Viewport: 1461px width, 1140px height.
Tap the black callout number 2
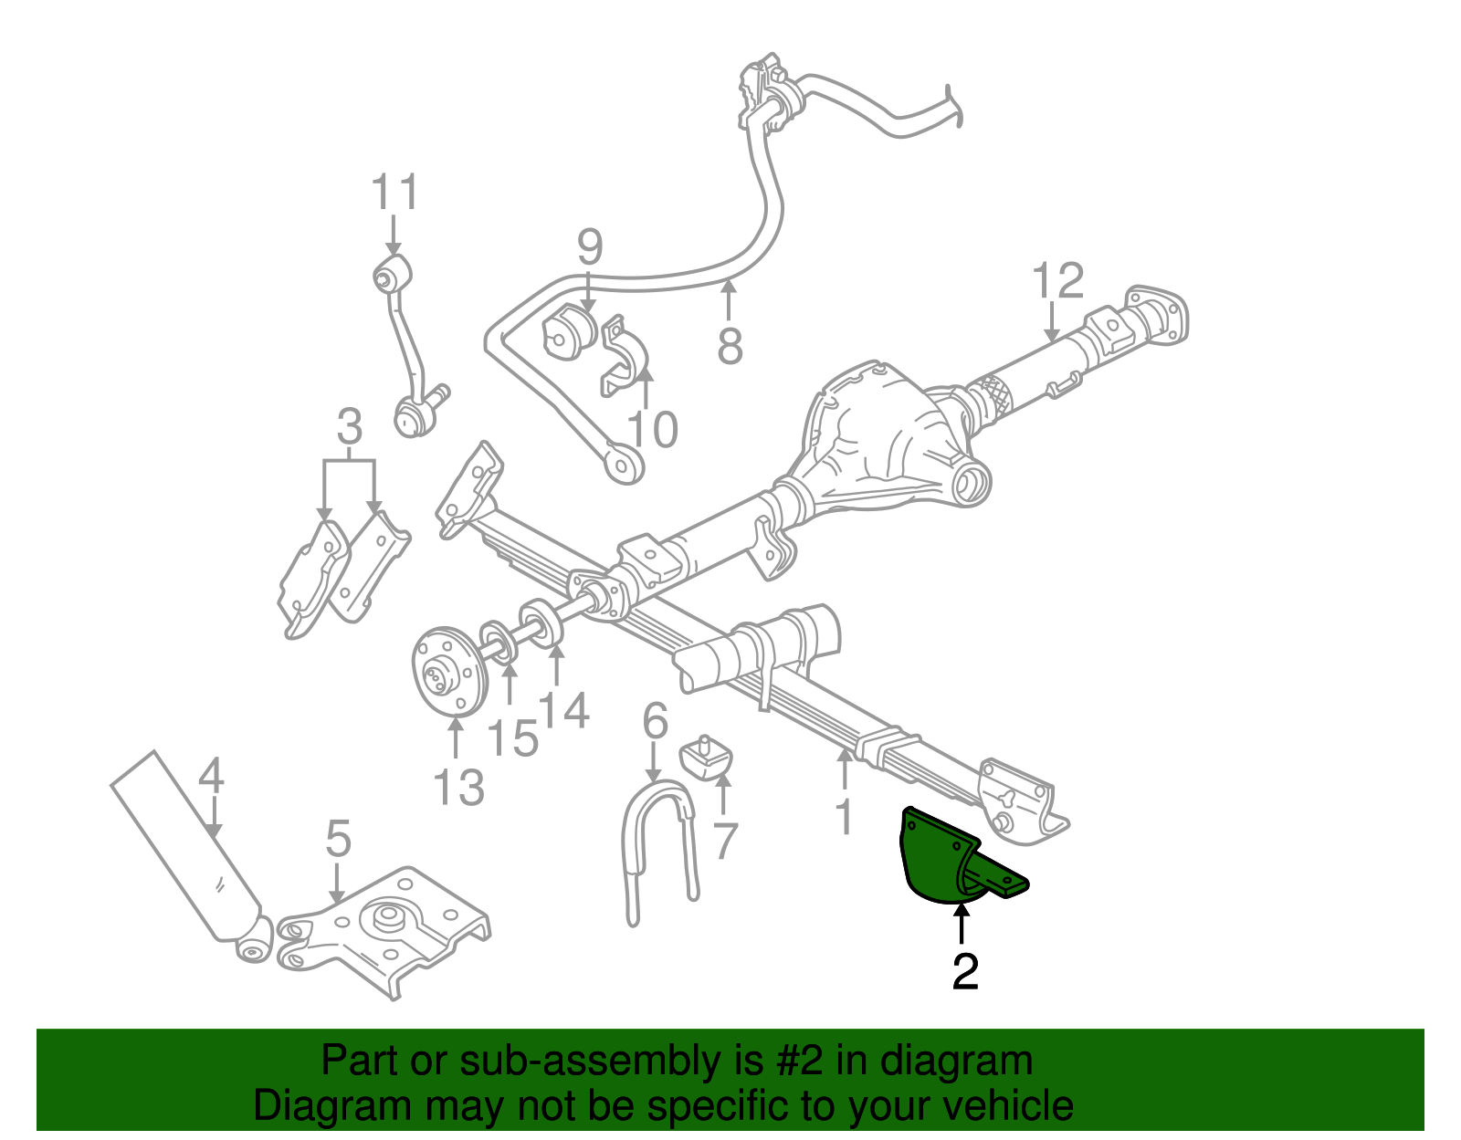click(x=964, y=972)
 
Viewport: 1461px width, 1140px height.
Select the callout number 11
click(x=394, y=193)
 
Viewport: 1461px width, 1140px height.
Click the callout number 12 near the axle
click(x=1057, y=280)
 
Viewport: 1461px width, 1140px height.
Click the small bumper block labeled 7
click(x=707, y=758)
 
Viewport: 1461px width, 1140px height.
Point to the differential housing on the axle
click(x=877, y=438)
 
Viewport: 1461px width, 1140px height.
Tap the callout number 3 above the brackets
click(x=349, y=426)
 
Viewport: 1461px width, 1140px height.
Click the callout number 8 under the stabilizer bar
click(x=730, y=346)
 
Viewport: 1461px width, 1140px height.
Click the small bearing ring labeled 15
click(x=499, y=640)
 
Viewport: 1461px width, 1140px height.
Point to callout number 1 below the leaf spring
click(x=845, y=815)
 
